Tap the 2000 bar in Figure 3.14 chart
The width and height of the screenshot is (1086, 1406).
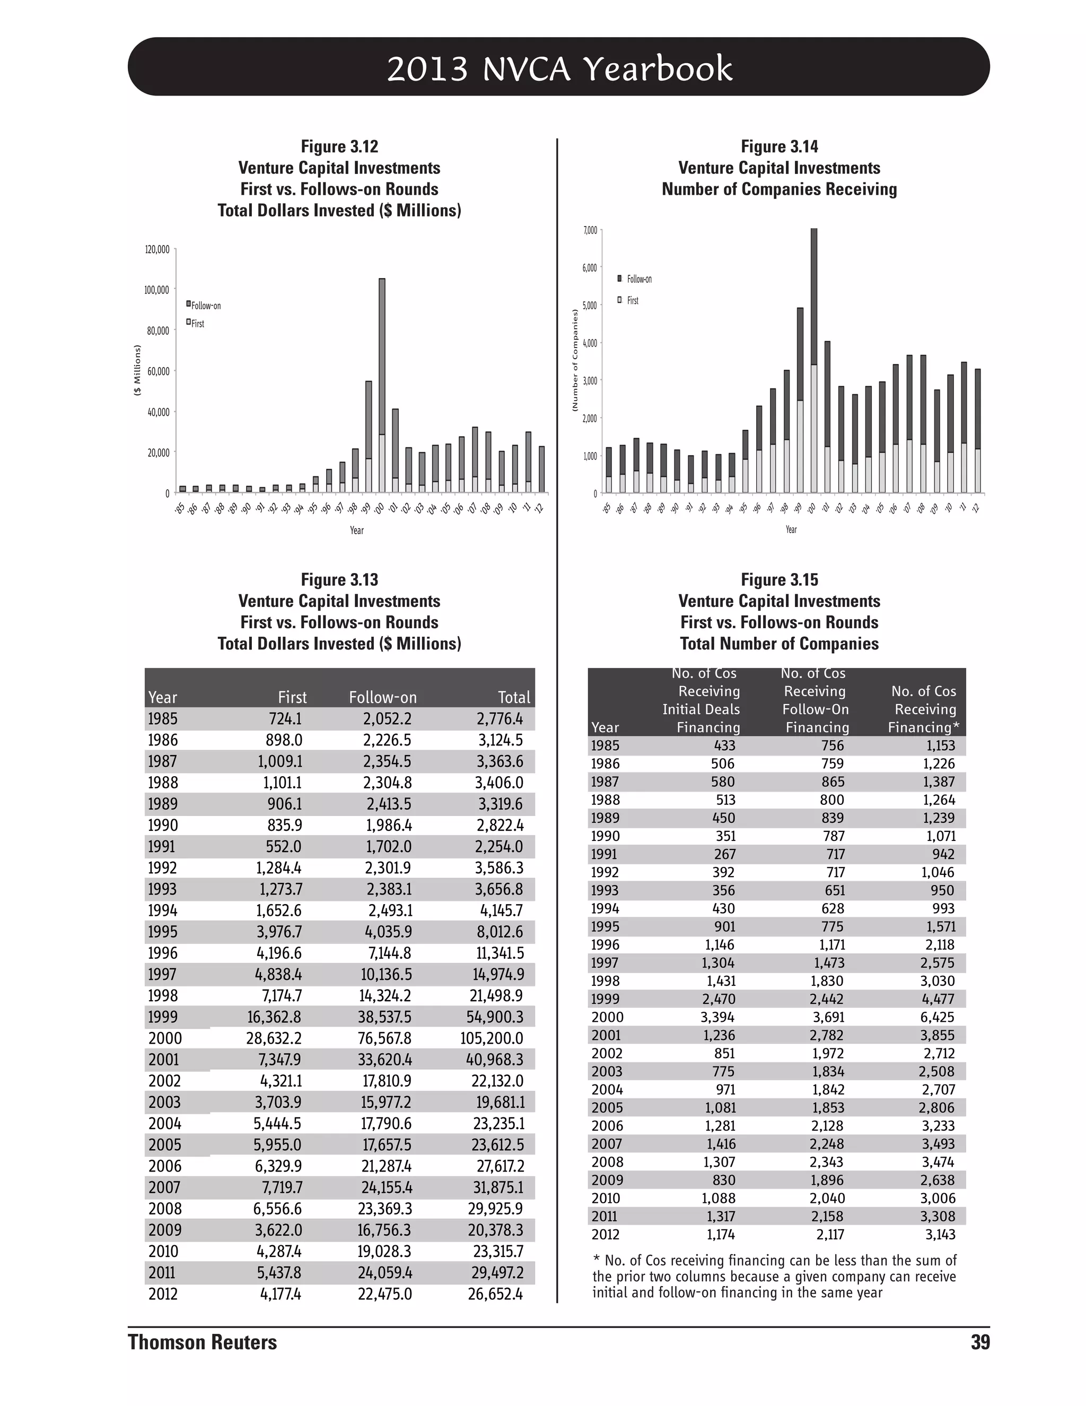click(x=814, y=360)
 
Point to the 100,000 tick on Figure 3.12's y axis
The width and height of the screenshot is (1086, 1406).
click(x=157, y=290)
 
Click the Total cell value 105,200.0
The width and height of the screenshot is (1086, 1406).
click(x=492, y=1038)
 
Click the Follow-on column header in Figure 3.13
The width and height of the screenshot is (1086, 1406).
click(x=383, y=697)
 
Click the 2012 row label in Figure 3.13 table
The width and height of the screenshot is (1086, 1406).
click(x=163, y=1294)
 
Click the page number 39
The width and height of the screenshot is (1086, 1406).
click(x=980, y=1342)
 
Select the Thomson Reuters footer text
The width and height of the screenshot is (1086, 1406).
click(x=202, y=1342)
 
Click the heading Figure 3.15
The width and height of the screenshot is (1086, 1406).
click(x=779, y=579)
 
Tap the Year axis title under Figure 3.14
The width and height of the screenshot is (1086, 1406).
click(x=791, y=529)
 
